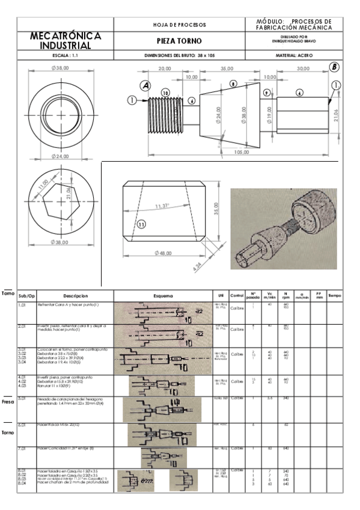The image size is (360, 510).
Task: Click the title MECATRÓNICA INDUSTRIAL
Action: [65, 41]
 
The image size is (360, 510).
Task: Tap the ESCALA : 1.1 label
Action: [65, 55]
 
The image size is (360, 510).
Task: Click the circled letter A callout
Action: [145, 85]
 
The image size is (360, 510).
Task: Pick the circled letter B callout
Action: [334, 67]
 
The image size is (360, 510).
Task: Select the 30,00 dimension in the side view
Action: [304, 69]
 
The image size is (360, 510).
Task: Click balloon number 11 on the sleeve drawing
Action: [141, 224]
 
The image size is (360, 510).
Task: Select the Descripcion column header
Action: [75, 295]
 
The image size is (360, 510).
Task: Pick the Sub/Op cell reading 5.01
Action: [24, 398]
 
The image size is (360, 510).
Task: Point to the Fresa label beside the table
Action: [8, 401]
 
